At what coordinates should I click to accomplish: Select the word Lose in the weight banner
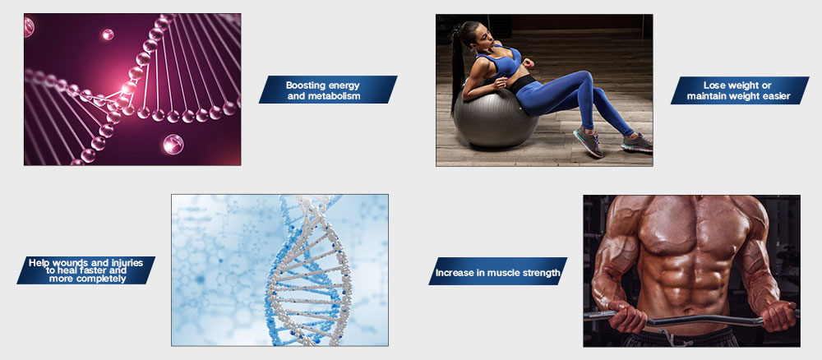(x=714, y=85)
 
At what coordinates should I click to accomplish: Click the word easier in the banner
(x=775, y=96)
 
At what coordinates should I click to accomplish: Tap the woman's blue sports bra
(x=499, y=62)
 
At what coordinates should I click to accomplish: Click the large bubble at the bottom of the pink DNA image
(x=173, y=144)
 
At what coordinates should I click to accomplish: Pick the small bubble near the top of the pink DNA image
(x=108, y=35)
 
